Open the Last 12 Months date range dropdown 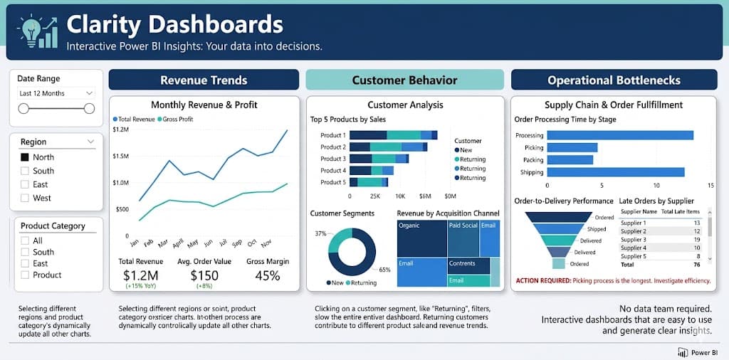point(56,93)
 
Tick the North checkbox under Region point(25,157)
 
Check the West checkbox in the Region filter point(25,198)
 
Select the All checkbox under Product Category point(25,240)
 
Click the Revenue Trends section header point(204,80)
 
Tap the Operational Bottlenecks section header point(613,80)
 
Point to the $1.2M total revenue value point(140,275)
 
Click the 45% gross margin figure point(267,275)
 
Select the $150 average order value point(204,275)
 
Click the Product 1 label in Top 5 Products point(332,135)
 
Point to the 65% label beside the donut point(384,270)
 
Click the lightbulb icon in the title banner point(31,29)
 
